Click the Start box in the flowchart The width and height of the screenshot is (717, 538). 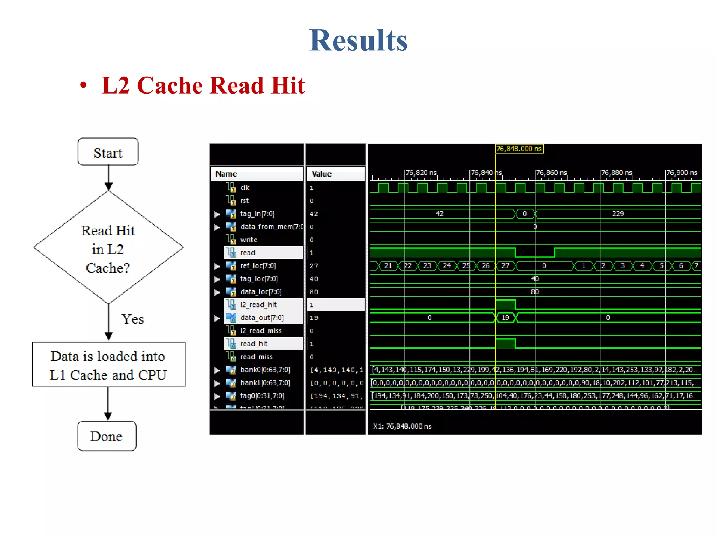pyautogui.click(x=108, y=152)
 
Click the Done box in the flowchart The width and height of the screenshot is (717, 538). pyautogui.click(x=106, y=436)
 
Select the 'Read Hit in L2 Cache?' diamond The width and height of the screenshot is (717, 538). pyautogui.click(x=108, y=248)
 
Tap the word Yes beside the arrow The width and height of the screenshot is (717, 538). pyautogui.click(x=132, y=319)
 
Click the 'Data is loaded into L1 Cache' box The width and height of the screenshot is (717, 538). pyautogui.click(x=108, y=365)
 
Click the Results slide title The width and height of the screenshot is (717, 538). pyautogui.click(x=358, y=41)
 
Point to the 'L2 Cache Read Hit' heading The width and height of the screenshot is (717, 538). pyautogui.click(x=203, y=85)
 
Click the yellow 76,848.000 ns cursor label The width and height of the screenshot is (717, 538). pyautogui.click(x=519, y=149)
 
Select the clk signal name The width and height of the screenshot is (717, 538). pyautogui.click(x=245, y=188)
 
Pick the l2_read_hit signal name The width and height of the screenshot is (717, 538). pyautogui.click(x=258, y=305)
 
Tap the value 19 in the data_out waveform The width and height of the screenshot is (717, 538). pyautogui.click(x=505, y=318)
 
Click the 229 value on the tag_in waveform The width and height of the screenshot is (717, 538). pyautogui.click(x=618, y=214)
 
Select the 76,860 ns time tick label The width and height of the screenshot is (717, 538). pyautogui.click(x=551, y=173)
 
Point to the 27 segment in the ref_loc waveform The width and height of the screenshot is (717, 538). pyautogui.click(x=505, y=266)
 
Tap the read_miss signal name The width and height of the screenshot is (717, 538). pyautogui.click(x=256, y=357)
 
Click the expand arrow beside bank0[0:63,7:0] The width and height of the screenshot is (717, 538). pyautogui.click(x=217, y=370)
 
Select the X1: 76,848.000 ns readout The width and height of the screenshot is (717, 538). pyautogui.click(x=402, y=426)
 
